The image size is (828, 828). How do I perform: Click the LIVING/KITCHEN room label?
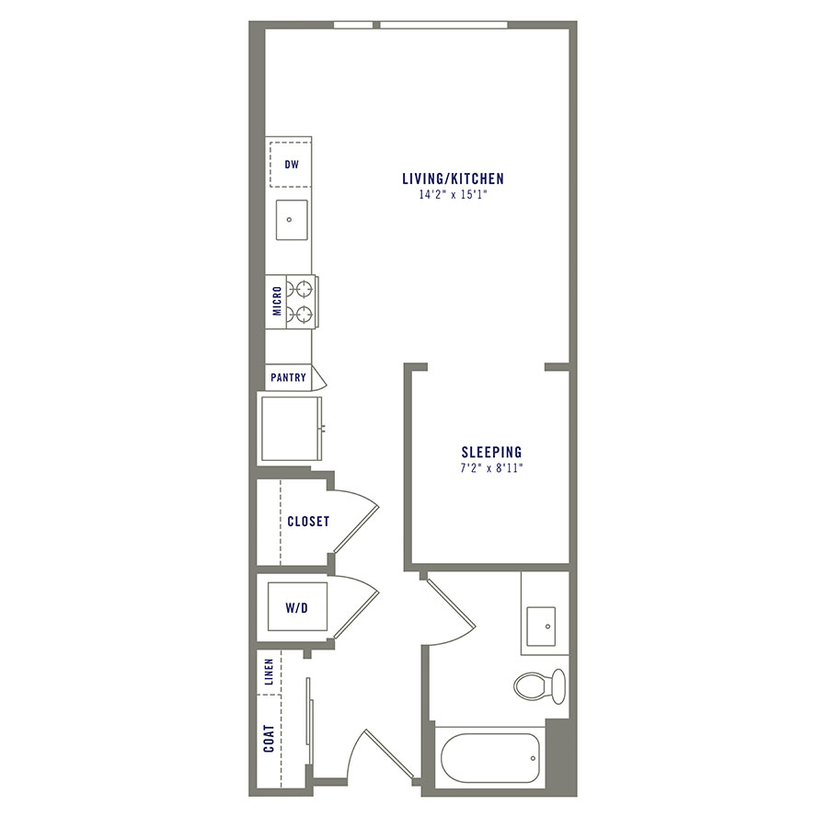tap(453, 178)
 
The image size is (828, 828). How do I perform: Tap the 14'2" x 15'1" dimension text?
tap(453, 195)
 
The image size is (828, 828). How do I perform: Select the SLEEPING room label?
tap(491, 452)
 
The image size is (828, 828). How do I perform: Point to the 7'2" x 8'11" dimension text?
tap(491, 468)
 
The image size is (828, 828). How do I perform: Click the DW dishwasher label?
tap(292, 166)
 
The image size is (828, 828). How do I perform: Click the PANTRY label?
tap(288, 377)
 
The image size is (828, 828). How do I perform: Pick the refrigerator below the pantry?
tap(291, 429)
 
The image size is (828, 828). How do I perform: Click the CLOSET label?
tap(308, 522)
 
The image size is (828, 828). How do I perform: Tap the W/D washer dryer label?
tap(295, 608)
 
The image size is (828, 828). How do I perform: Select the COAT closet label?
tap(269, 738)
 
